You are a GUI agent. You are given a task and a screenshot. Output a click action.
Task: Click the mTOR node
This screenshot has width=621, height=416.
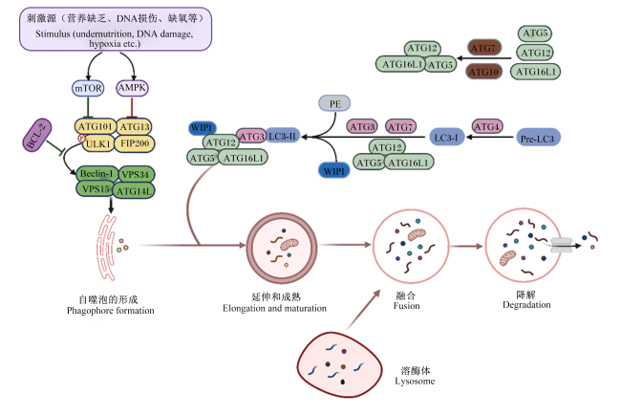point(88,88)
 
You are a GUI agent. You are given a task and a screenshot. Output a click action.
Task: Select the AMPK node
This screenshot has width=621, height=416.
point(132,88)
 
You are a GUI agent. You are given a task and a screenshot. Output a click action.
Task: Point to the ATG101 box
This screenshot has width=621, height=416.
point(96,126)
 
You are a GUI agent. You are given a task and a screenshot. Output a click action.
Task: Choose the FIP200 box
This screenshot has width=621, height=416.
point(135,143)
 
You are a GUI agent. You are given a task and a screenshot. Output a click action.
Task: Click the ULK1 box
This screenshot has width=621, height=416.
point(98,143)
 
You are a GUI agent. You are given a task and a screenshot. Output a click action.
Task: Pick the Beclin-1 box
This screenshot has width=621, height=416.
point(97,174)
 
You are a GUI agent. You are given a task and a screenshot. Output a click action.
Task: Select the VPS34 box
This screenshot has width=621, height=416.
point(136,174)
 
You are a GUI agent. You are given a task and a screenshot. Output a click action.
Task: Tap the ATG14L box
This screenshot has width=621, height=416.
point(134,190)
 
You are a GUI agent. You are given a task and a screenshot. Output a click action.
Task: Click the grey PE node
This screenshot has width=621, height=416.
point(334,103)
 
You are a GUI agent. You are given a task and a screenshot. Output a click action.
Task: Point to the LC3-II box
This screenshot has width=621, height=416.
point(282,136)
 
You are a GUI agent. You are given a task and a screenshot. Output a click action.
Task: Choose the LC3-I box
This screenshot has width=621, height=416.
point(447,137)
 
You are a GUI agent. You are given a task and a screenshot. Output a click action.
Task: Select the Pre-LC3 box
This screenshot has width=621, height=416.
point(538,138)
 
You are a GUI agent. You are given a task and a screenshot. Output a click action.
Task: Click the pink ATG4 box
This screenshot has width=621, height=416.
point(487,127)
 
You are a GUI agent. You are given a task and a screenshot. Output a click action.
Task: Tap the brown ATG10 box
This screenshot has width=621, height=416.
point(483,72)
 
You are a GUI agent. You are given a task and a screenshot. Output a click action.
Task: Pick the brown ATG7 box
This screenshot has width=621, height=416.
point(484,48)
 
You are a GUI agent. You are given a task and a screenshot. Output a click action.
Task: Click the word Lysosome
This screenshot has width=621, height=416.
point(415,382)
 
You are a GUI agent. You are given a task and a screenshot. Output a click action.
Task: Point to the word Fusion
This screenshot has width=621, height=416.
point(406,306)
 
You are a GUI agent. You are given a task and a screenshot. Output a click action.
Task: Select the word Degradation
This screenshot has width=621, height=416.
point(526,304)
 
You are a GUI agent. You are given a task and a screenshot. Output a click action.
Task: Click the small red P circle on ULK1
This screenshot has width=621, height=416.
point(81,138)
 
